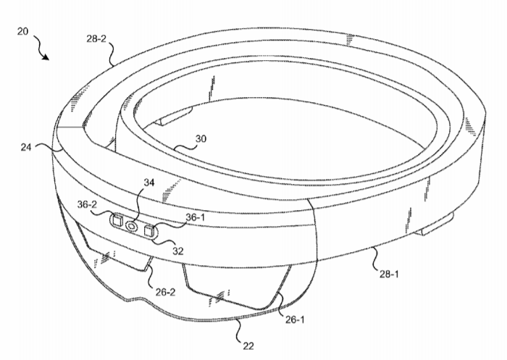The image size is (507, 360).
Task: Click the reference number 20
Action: [x=22, y=31]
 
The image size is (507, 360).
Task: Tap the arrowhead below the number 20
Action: [x=46, y=57]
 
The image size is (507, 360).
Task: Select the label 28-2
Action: [x=96, y=39]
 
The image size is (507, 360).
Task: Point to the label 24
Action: [x=26, y=147]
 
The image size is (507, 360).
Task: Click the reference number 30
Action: [x=201, y=139]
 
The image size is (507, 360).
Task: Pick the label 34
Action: [x=149, y=183]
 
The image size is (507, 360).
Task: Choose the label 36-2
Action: [x=87, y=204]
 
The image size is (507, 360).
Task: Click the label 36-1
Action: [x=196, y=217]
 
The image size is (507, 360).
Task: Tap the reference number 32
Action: [x=178, y=251]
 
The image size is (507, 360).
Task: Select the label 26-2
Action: [x=165, y=292]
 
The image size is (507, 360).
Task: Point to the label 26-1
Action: [x=295, y=319]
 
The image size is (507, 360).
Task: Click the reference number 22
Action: [x=248, y=346]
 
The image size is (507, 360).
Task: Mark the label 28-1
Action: [x=389, y=275]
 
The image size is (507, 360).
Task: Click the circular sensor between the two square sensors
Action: [x=132, y=226]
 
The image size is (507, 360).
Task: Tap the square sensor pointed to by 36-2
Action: [x=117, y=220]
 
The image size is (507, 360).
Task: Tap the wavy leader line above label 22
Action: [x=240, y=330]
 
